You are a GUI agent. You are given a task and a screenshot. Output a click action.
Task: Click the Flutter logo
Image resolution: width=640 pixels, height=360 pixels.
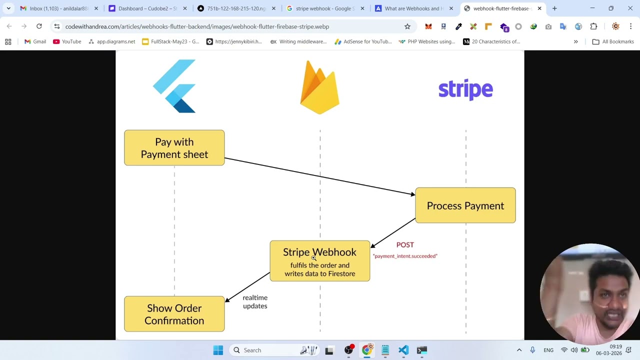point(174,86)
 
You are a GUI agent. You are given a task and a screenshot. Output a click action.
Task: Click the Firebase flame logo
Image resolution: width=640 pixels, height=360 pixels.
point(319,88)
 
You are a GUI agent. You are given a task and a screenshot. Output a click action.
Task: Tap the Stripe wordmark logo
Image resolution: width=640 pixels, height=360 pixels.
point(465,90)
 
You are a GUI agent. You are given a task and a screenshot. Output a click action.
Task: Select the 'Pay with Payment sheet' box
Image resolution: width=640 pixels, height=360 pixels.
point(174,148)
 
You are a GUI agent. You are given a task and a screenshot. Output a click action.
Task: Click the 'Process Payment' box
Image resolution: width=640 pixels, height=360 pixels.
point(465,205)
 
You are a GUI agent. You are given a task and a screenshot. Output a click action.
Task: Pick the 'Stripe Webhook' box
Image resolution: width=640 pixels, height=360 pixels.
point(319,261)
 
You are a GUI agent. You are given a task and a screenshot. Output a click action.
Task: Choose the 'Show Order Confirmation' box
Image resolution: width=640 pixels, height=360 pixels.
point(174,314)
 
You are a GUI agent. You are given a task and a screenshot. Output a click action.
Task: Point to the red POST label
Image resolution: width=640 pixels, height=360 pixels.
point(405,245)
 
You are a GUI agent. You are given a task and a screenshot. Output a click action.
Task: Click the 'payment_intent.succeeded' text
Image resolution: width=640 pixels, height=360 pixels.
point(405,256)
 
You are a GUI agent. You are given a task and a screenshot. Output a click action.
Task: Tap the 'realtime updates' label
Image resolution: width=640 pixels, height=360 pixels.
point(255,302)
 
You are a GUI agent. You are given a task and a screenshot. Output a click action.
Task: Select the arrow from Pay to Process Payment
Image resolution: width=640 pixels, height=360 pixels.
point(320,176)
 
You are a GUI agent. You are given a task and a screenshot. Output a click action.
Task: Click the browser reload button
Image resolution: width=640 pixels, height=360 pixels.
point(39,26)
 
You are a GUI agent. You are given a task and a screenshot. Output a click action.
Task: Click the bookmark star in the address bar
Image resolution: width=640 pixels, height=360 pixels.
point(407,26)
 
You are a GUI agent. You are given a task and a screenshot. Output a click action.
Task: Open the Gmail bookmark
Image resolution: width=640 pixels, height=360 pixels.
point(35,41)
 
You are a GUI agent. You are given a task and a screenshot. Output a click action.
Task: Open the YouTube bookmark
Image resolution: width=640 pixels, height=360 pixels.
point(67,41)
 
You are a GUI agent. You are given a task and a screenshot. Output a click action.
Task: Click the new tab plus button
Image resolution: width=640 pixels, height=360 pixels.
point(554,8)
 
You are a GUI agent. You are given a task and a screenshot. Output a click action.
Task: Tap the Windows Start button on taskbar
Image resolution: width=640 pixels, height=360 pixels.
point(218,350)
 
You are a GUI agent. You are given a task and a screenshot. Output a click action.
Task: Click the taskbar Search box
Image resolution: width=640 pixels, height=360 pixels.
point(252,350)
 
